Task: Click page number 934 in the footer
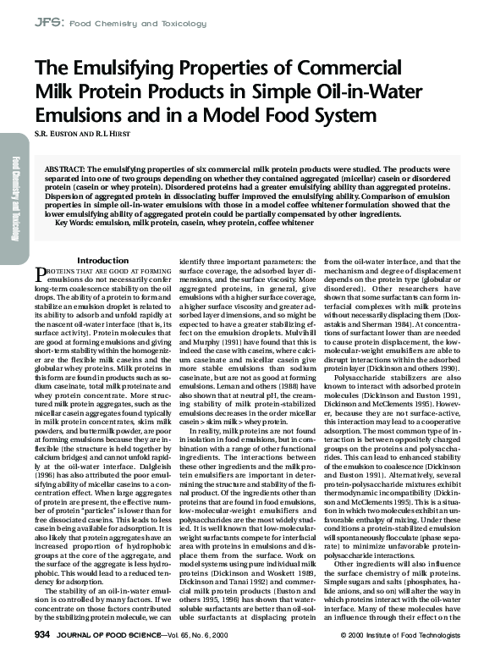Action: click(x=43, y=633)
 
